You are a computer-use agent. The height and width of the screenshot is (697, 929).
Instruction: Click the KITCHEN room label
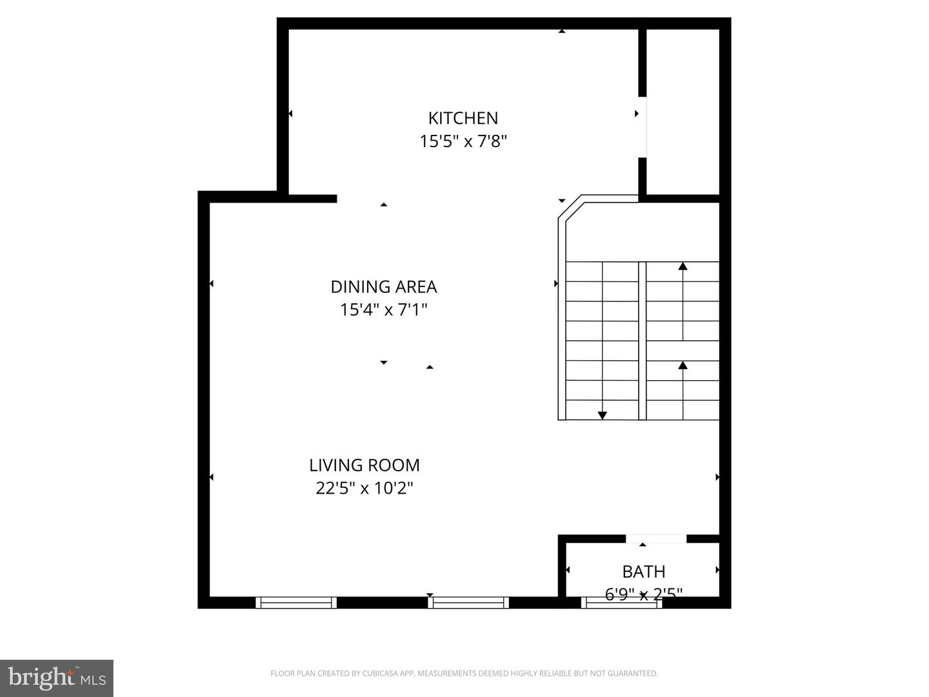point(463,118)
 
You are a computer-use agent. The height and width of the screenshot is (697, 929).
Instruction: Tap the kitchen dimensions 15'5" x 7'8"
point(463,141)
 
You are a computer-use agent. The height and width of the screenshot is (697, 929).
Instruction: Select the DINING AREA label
point(384,287)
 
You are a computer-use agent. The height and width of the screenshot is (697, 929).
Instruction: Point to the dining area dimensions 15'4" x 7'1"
point(384,310)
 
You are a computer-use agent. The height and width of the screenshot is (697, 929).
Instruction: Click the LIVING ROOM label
point(365,465)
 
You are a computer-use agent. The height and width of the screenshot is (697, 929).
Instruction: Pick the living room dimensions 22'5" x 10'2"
point(365,489)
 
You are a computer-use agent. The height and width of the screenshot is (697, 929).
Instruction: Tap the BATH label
point(644,572)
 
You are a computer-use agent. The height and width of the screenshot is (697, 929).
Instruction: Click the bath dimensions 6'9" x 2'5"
point(644,593)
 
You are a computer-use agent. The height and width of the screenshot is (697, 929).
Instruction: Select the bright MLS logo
point(57,678)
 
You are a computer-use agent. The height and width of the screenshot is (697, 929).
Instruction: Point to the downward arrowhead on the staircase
point(603,416)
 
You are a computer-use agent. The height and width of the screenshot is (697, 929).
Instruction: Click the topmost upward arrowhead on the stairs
point(683,266)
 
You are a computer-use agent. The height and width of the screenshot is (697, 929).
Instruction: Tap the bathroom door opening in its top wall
point(656,538)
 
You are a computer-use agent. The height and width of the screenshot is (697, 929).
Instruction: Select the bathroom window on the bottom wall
point(621,603)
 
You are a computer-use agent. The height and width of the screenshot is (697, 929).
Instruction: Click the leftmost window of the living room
point(296,603)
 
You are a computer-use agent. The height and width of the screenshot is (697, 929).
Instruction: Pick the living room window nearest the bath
point(468,603)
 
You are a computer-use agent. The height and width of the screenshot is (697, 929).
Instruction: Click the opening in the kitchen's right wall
point(643,127)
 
